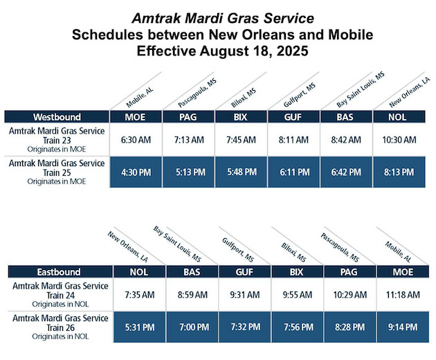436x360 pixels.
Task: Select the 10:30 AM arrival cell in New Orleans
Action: pyautogui.click(x=399, y=140)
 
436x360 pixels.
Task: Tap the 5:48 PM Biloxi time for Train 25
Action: pyautogui.click(x=242, y=173)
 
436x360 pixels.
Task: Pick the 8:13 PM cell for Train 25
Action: pyautogui.click(x=399, y=173)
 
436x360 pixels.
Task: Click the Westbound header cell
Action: pyautogui.click(x=57, y=116)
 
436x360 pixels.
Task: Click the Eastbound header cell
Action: pyautogui.click(x=57, y=272)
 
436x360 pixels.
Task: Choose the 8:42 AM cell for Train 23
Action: pyautogui.click(x=347, y=140)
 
